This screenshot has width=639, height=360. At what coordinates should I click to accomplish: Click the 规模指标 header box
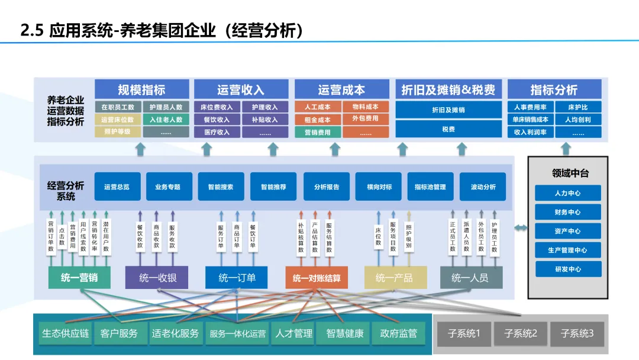click(142, 90)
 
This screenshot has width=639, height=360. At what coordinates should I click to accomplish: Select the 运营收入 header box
click(241, 90)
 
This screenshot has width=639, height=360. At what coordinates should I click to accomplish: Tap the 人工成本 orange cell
click(318, 107)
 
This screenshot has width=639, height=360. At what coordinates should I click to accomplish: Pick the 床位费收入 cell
click(217, 107)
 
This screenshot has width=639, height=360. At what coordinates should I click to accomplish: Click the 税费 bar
click(448, 129)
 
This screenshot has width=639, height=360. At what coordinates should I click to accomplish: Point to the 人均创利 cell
click(578, 120)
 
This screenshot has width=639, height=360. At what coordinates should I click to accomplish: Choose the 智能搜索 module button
click(220, 187)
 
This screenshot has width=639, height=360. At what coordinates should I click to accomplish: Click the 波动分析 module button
click(483, 187)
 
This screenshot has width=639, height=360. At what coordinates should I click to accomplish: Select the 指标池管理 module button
click(430, 187)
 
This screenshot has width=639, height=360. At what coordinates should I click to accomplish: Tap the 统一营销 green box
click(79, 278)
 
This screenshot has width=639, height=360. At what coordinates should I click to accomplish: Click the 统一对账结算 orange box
click(317, 278)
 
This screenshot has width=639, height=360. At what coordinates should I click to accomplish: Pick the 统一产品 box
click(395, 278)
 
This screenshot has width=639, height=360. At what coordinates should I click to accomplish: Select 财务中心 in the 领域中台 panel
click(568, 212)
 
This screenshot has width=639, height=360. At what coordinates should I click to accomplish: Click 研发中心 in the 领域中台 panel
click(568, 269)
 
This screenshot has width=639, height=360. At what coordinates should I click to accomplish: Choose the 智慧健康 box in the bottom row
click(345, 334)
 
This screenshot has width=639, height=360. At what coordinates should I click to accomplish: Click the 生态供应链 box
click(65, 334)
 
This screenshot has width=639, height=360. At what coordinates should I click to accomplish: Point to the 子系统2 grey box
click(521, 334)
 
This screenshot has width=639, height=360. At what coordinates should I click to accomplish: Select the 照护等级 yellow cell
click(117, 132)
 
